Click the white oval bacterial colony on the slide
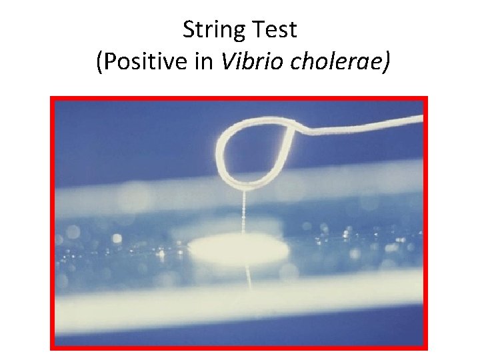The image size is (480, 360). click(x=238, y=249)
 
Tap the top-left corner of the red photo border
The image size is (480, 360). click(x=52, y=98)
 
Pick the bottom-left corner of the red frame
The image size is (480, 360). click(x=52, y=347)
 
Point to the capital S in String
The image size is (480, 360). click(x=189, y=30)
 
